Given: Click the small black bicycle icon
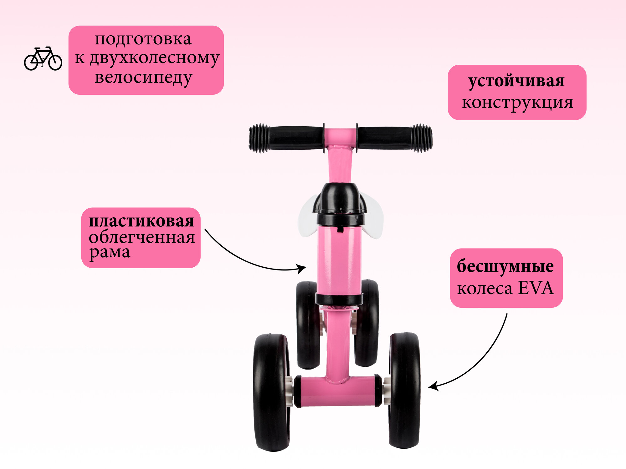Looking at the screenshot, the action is (43, 59).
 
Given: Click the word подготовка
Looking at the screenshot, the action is (143, 39).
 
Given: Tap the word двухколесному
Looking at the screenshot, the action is (155, 58).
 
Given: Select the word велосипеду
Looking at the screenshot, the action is (143, 78).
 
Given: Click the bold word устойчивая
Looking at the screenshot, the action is (516, 81).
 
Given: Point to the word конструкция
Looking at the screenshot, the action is (517, 103).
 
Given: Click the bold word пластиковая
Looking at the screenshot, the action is (141, 221).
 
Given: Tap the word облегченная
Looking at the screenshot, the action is (141, 237).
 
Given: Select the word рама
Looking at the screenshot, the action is (110, 252).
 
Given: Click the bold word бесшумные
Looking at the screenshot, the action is (505, 266).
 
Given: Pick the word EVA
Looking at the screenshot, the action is (536, 288).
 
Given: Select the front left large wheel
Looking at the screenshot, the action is (271, 392).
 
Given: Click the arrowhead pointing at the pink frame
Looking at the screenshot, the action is (302, 269).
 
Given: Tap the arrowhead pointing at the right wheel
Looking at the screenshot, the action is (433, 387).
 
